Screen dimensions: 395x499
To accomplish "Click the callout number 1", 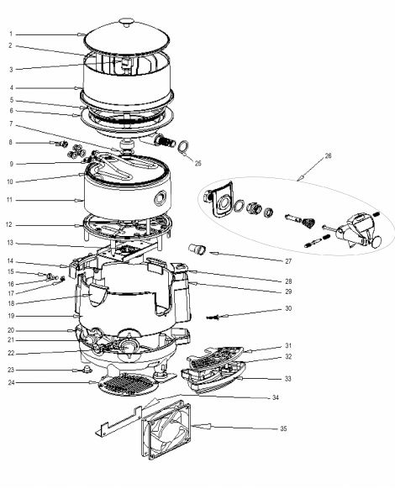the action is [11, 34].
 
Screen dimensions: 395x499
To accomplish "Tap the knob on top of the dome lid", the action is [127, 23].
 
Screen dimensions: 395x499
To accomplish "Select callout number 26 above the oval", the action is [328, 156].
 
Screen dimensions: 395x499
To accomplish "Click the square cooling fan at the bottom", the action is [166, 432].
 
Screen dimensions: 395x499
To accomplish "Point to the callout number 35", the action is [283, 428].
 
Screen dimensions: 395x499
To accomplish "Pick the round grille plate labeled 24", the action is [129, 384].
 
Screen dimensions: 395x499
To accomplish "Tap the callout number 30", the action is [288, 308].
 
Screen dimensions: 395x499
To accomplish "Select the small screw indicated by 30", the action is [213, 318].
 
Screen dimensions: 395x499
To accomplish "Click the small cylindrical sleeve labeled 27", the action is [197, 249].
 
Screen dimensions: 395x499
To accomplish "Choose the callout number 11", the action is [9, 200].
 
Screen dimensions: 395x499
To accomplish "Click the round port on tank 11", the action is [161, 198].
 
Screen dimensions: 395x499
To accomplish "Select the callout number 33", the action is [287, 379].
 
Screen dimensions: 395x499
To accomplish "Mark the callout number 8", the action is [10, 142].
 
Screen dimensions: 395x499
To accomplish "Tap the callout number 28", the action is [288, 281].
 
